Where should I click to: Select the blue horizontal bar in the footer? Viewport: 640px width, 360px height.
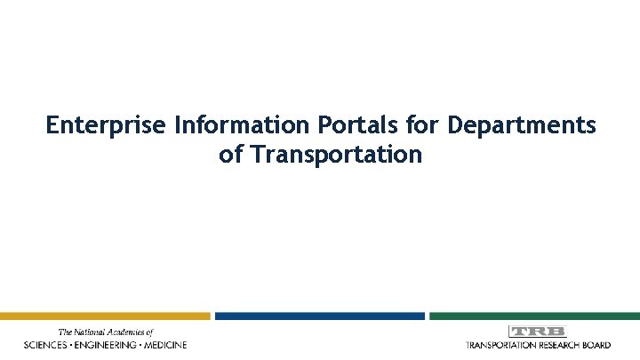[320, 316]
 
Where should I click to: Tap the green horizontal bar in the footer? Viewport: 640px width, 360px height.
[534, 316]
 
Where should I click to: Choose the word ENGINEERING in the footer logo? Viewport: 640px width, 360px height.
[108, 344]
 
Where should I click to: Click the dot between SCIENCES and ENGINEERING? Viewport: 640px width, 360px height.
[75, 344]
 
